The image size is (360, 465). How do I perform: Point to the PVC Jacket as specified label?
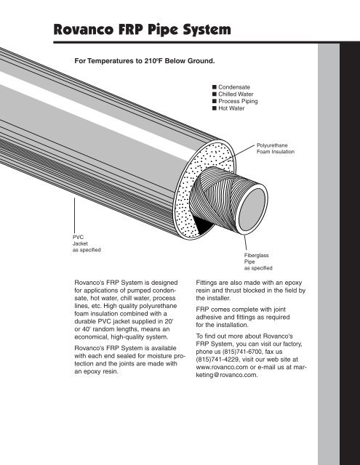click(86, 243)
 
